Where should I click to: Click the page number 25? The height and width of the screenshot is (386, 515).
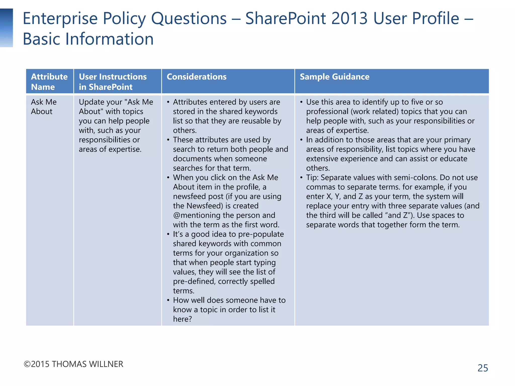click(x=483, y=368)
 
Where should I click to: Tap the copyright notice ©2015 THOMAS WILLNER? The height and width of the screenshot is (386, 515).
click(x=73, y=364)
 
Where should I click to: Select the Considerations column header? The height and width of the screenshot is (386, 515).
click(x=196, y=77)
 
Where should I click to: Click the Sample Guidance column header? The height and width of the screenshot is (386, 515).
click(x=334, y=77)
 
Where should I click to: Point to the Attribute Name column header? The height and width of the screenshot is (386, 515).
click(x=49, y=82)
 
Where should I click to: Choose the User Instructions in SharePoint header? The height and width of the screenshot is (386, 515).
click(x=113, y=82)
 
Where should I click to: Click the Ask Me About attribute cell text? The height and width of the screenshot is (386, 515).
click(x=44, y=107)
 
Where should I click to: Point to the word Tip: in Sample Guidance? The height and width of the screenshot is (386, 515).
click(x=312, y=178)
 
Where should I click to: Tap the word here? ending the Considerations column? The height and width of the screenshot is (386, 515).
click(x=182, y=319)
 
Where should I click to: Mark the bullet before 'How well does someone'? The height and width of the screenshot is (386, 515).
click(x=168, y=300)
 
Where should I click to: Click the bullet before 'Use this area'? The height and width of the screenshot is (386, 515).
click(x=301, y=102)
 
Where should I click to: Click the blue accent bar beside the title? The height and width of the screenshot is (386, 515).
click(x=6, y=28)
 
